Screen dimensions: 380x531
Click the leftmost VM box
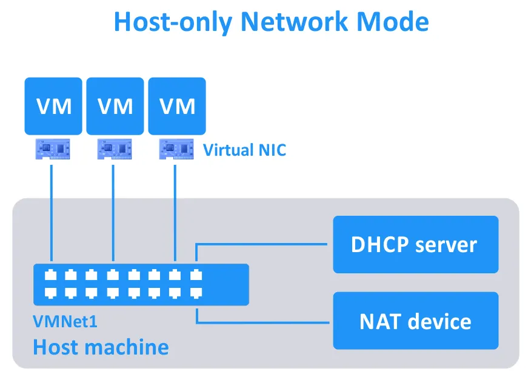coord(53,106)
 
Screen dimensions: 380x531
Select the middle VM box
coord(115,106)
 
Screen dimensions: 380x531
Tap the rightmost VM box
coord(177,106)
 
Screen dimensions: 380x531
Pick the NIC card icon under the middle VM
coord(115,148)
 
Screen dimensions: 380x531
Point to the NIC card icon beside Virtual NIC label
coord(176,148)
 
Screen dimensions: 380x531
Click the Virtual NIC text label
coord(244,150)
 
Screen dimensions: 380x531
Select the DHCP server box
coord(415,244)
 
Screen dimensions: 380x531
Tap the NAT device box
coord(415,321)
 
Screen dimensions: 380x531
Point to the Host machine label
coord(101,347)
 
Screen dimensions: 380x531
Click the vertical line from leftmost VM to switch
coord(51,212)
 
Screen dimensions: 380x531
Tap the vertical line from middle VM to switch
coord(113,212)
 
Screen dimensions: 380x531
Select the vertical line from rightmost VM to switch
coord(175,212)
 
